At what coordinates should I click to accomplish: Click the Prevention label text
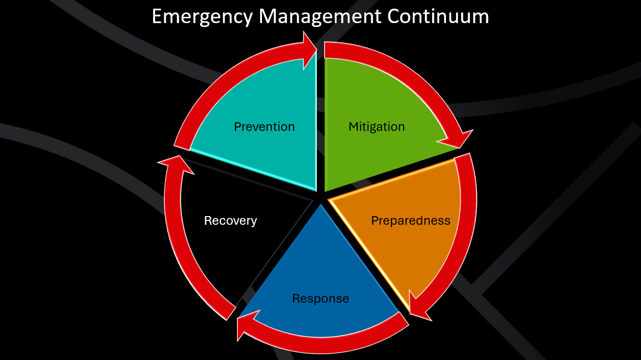(264, 127)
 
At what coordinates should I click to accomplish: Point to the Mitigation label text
(377, 127)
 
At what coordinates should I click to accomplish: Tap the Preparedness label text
(410, 220)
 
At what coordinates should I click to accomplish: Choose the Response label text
(320, 298)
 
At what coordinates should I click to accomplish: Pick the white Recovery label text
(230, 220)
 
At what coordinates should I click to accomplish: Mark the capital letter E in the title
(157, 17)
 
